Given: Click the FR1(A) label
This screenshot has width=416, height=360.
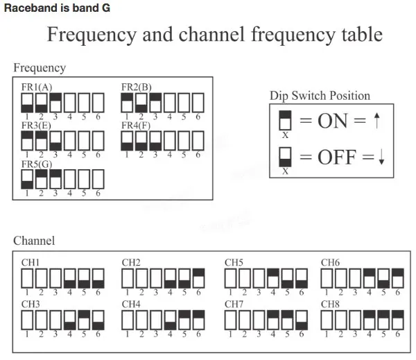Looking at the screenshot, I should point(37,87).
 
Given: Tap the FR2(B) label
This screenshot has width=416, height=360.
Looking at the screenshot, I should point(137,87).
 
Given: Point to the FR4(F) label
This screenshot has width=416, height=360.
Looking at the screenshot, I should point(136,126).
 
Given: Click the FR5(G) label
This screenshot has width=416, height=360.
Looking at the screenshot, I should point(37,164).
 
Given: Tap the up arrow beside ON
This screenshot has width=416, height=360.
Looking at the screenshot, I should point(376,121).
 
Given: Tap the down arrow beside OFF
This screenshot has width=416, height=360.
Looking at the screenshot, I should point(381,158).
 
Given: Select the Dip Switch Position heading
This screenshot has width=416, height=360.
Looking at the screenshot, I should point(320,96).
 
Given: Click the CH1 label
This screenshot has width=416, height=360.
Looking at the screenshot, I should point(31,263).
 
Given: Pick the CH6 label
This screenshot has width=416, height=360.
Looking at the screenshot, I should point(331,263).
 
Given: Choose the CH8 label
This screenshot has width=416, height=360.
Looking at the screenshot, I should point(331,303).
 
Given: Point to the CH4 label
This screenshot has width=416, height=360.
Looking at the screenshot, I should point(132,303).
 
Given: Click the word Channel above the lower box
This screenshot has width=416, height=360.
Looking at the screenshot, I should point(34,241).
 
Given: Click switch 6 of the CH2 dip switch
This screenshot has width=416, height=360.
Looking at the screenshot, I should point(199,278).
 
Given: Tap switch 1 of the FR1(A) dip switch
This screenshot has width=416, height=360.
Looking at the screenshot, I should point(27,103).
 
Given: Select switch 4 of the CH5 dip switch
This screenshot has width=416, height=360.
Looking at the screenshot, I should point(272,278).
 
